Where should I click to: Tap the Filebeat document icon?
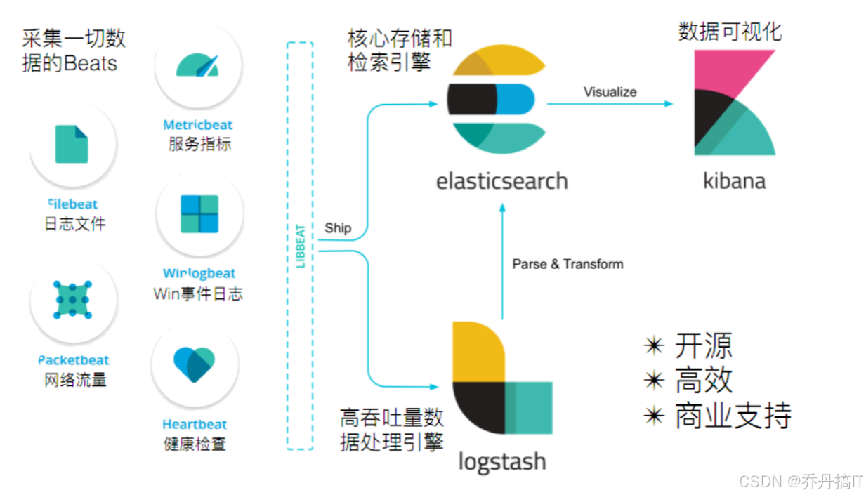(x=72, y=144)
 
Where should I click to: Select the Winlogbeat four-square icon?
(x=199, y=213)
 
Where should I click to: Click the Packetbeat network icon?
(x=73, y=300)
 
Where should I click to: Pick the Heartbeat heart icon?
(x=195, y=364)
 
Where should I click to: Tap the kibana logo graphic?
(x=733, y=103)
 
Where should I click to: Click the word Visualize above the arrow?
(x=610, y=92)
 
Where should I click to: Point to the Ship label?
(x=338, y=229)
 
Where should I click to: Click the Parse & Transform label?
(x=568, y=264)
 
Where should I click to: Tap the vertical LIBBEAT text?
(x=300, y=246)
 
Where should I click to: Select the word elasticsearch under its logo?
(x=501, y=181)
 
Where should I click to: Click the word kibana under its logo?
(x=734, y=181)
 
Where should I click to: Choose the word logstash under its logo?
(x=501, y=461)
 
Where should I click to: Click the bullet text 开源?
(x=703, y=345)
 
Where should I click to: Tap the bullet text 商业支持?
(x=733, y=415)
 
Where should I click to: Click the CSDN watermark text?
(x=801, y=481)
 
